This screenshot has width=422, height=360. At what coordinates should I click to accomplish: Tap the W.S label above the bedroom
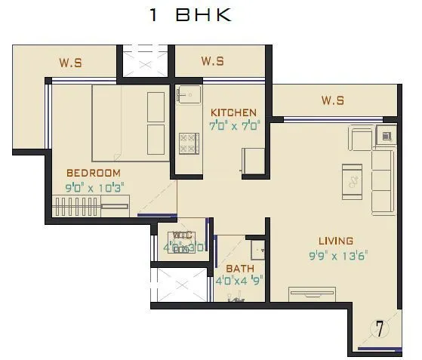[x=70, y=63]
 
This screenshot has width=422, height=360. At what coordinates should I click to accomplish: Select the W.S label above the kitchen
[x=213, y=61]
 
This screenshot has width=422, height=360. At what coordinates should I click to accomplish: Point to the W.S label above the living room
[x=332, y=100]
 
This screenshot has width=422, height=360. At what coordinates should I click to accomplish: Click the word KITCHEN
[x=234, y=112]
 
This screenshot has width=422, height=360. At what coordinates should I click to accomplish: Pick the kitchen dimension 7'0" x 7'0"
[x=234, y=126]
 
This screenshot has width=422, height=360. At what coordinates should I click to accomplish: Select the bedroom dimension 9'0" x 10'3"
[x=94, y=186]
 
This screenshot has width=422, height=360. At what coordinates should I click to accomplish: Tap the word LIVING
[x=335, y=241]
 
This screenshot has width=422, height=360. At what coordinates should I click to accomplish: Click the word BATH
[x=240, y=268]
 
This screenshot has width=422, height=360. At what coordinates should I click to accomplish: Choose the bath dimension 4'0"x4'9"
[x=240, y=281]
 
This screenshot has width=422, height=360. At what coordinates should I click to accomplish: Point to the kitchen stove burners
[x=187, y=143]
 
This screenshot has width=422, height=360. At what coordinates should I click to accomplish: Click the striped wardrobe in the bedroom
[x=90, y=206]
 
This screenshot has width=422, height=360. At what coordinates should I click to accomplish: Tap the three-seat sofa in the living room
[x=382, y=180]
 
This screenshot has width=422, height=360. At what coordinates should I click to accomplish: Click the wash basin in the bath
[x=258, y=251]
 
